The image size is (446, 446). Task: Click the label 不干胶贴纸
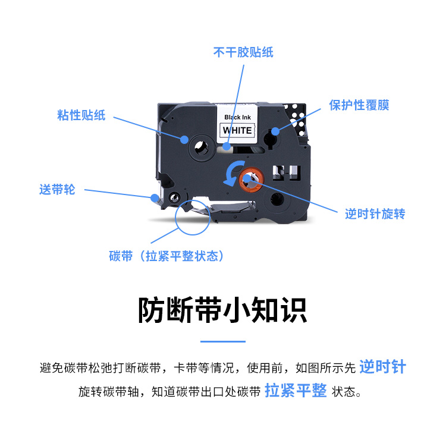click(243, 52)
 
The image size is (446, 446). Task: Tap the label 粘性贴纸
click(81, 115)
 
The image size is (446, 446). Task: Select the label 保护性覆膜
click(359, 105)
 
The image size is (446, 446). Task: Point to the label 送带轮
click(57, 190)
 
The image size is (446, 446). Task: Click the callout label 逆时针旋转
click(375, 213)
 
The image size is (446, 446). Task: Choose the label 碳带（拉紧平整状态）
click(166, 256)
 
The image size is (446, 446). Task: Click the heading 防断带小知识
click(223, 310)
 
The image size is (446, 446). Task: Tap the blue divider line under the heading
click(223, 341)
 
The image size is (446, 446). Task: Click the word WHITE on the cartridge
click(237, 130)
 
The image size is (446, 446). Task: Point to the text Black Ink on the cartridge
click(237, 117)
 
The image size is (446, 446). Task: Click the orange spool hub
click(252, 180)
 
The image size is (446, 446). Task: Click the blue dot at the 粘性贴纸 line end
click(184, 139)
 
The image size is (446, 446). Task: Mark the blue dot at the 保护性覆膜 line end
click(275, 131)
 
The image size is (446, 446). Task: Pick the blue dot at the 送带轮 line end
click(155, 198)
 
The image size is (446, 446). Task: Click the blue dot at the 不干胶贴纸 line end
click(227, 146)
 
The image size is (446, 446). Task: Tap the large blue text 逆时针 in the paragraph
click(382, 366)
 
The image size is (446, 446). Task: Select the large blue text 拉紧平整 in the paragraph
click(296, 390)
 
